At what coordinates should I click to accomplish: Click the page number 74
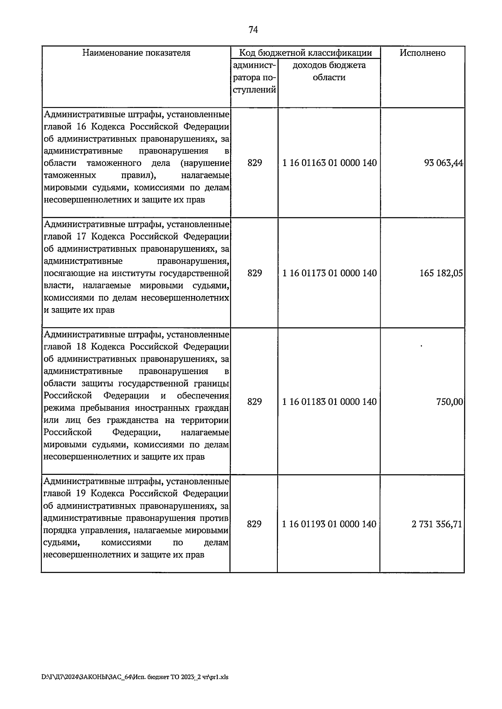[x=253, y=30]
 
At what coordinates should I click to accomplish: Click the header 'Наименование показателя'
[x=136, y=53]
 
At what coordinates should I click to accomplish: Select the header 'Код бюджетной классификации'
[x=305, y=53]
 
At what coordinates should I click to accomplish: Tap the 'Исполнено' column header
[x=423, y=53]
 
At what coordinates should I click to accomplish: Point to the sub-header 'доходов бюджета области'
[x=329, y=71]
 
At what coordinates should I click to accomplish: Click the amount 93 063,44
[x=443, y=163]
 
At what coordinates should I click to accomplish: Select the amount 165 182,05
[x=441, y=273]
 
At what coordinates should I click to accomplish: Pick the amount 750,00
[x=450, y=402]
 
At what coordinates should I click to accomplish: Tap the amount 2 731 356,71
[x=437, y=524]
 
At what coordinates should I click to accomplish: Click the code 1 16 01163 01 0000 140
[x=329, y=163]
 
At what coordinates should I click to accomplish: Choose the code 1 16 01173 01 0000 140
[x=329, y=273]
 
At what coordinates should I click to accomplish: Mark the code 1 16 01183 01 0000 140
[x=329, y=402]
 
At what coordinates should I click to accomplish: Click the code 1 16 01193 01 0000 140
[x=329, y=524]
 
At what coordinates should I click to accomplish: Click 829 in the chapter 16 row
[x=254, y=163]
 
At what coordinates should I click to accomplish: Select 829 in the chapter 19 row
[x=254, y=524]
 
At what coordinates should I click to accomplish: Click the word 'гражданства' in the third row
[x=131, y=420]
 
